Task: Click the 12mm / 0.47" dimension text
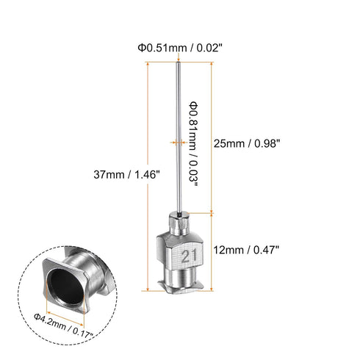(x=247, y=250)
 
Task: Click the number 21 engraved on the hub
(x=190, y=254)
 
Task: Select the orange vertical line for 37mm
(x=151, y=176)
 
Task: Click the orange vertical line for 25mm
(x=212, y=137)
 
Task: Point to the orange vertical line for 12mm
(x=212, y=250)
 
